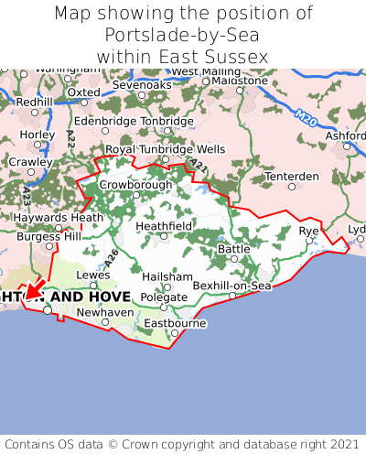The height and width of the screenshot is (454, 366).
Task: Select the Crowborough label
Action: pyautogui.click(x=135, y=184)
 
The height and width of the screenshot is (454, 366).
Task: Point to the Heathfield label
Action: pyautogui.click(x=164, y=225)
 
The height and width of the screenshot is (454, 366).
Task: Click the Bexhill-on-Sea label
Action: pyautogui.click(x=232, y=286)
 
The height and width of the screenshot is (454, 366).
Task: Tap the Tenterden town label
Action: pyautogui.click(x=291, y=176)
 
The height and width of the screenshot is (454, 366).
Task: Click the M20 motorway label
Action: pyautogui.click(x=307, y=116)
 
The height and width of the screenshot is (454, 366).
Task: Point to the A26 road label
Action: pyautogui.click(x=111, y=258)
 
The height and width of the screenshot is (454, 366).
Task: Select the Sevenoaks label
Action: pyautogui.click(x=142, y=85)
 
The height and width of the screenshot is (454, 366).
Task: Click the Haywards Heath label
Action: pyautogui.click(x=51, y=218)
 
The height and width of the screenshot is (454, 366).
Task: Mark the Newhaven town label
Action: pyautogui.click(x=104, y=311)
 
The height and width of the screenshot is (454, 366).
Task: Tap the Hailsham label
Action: pyautogui.click(x=167, y=276)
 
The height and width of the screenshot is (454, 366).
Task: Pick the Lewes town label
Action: pyautogui.click(x=93, y=274)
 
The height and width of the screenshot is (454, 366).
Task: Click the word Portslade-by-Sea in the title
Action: pyautogui.click(x=182, y=36)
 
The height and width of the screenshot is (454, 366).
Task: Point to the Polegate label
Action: pyautogui.click(x=164, y=297)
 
